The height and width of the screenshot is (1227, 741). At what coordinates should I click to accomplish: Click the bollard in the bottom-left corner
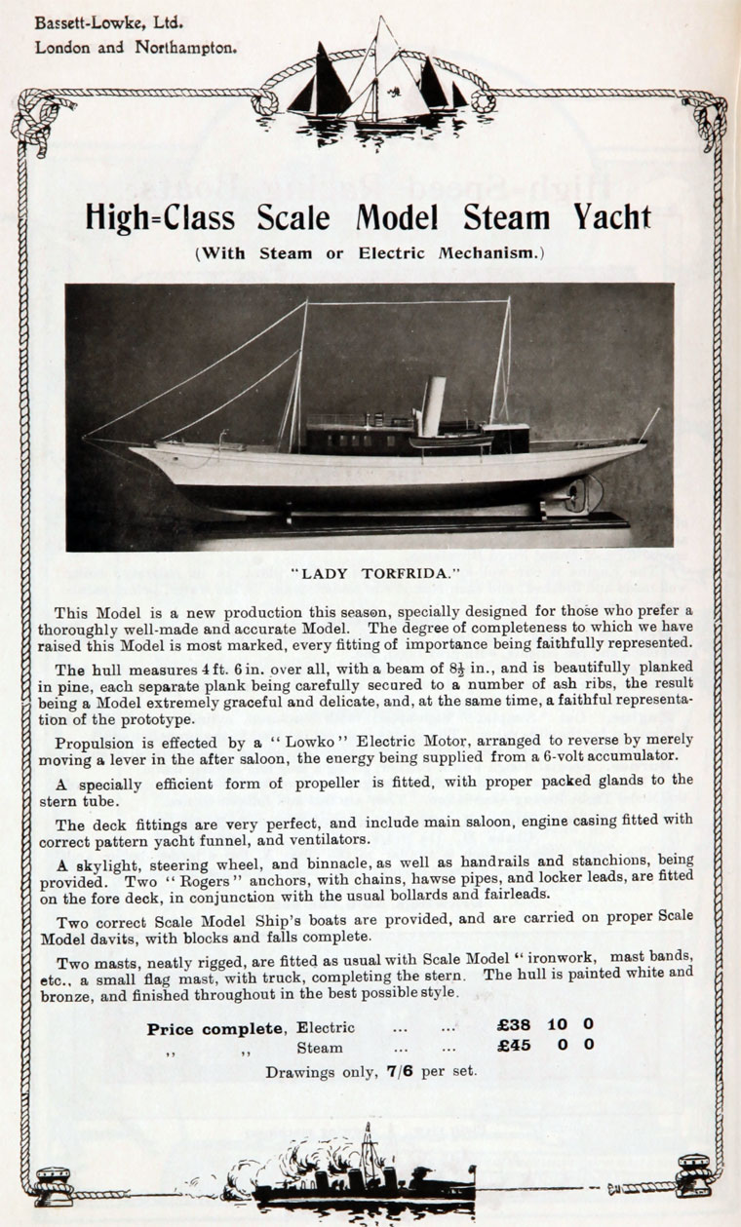pos(53,1187)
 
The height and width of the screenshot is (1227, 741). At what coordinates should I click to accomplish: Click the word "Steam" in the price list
pos(320,1049)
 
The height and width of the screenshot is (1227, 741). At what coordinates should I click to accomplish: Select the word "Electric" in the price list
pos(326,1027)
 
